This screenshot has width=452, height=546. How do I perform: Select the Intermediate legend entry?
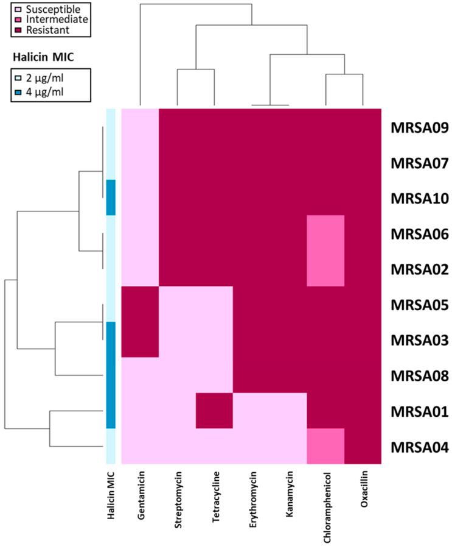(45, 19)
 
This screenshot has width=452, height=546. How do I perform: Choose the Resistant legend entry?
(40, 29)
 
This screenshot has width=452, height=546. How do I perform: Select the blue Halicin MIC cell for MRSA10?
(111, 197)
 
